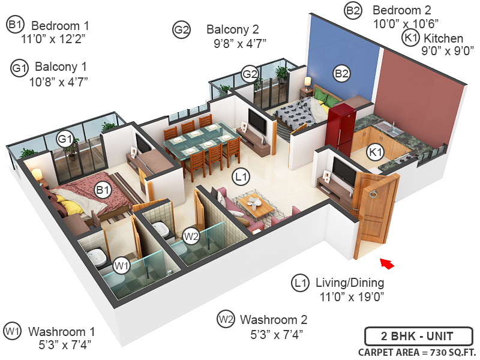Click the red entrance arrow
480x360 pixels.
(x=388, y=263)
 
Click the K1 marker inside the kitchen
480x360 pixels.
(x=376, y=152)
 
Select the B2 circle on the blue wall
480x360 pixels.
(x=342, y=74)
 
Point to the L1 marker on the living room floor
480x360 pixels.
(x=242, y=176)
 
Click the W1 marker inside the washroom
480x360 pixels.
(x=122, y=265)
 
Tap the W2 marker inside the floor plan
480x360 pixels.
(x=191, y=236)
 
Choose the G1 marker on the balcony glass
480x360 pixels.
(x=65, y=139)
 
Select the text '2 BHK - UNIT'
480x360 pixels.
(x=418, y=336)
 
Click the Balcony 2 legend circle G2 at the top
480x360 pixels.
(x=181, y=29)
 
